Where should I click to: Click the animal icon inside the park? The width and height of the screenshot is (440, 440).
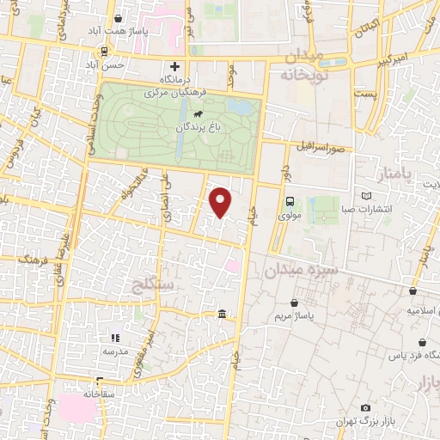click(199, 113)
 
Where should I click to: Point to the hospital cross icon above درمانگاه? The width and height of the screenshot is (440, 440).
click(175, 66)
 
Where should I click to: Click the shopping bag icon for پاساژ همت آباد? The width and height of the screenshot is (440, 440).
click(118, 17)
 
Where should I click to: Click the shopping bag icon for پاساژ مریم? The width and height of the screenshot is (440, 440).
click(296, 302)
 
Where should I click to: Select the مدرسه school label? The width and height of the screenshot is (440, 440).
click(116, 351)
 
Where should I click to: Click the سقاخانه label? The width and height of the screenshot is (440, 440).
click(101, 393)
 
